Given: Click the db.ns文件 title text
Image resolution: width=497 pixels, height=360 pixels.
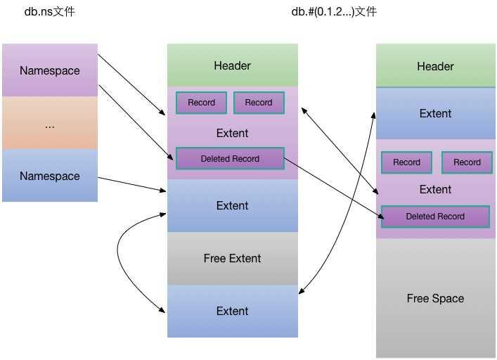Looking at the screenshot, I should pos(49,12).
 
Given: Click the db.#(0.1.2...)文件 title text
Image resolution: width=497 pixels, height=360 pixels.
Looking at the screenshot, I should pos(334,12).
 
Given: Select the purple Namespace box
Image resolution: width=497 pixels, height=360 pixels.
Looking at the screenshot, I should pos(49,70).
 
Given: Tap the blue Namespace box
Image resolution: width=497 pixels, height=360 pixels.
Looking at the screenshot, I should pos(49,176).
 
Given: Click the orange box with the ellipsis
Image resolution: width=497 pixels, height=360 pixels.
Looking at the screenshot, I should pos(49,124).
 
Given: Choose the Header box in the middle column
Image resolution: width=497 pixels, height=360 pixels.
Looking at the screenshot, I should pos(232,65).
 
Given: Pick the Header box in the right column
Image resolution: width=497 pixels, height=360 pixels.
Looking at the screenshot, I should pos(435,66).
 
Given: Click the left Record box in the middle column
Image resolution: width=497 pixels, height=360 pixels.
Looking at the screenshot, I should pos(201,103).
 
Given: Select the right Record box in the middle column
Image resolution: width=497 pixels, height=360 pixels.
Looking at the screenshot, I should pos(259,103).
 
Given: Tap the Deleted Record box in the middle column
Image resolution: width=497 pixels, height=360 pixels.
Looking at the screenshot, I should pos(230,159).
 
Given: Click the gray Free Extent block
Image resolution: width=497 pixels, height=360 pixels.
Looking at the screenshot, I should pos(232,258).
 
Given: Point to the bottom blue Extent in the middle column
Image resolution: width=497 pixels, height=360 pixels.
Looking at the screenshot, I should pos(232,311).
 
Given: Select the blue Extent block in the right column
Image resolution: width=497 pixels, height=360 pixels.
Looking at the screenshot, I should pos(435,113).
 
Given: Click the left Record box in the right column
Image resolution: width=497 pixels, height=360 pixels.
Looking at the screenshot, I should pos(406,162).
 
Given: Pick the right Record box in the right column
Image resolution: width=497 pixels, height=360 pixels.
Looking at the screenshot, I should pos(467,162).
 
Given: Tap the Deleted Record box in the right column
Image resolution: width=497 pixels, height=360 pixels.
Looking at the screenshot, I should pos(435,217).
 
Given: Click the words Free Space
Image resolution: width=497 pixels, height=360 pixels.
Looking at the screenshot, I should pos(435,298).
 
